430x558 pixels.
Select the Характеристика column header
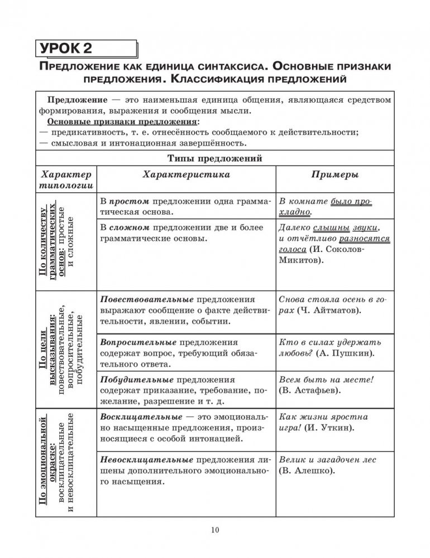(186, 175)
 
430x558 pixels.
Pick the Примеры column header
(335, 175)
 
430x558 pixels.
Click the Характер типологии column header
(65, 180)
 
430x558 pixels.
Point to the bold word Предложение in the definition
(78, 100)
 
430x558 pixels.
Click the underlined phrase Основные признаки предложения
(122, 122)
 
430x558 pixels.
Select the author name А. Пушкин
(345, 353)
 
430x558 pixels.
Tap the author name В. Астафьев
(310, 391)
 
